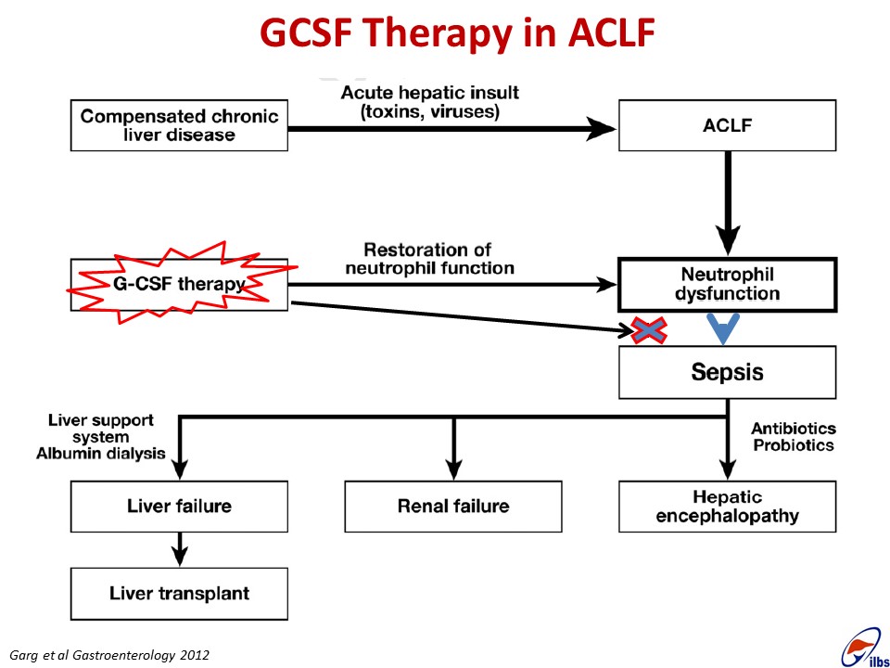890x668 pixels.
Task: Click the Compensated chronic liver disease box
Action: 179,125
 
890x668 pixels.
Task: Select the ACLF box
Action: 727,125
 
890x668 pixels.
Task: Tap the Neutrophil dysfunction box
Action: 727,285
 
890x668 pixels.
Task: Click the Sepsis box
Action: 727,372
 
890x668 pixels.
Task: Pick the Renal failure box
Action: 453,507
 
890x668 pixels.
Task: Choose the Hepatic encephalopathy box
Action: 727,507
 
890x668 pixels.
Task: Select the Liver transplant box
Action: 179,594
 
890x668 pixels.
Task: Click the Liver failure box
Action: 179,507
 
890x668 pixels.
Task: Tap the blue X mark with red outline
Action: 649,330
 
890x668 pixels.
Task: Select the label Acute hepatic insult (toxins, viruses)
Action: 429,102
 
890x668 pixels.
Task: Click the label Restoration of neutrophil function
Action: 429,259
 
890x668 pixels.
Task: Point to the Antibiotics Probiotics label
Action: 794,436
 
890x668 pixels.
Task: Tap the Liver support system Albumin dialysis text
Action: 101,437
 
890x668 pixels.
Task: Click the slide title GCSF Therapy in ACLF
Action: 457,32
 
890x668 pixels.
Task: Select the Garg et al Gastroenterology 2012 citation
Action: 109,655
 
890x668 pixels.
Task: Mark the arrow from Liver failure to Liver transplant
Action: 179,550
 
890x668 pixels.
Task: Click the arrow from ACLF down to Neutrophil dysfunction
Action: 728,203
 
